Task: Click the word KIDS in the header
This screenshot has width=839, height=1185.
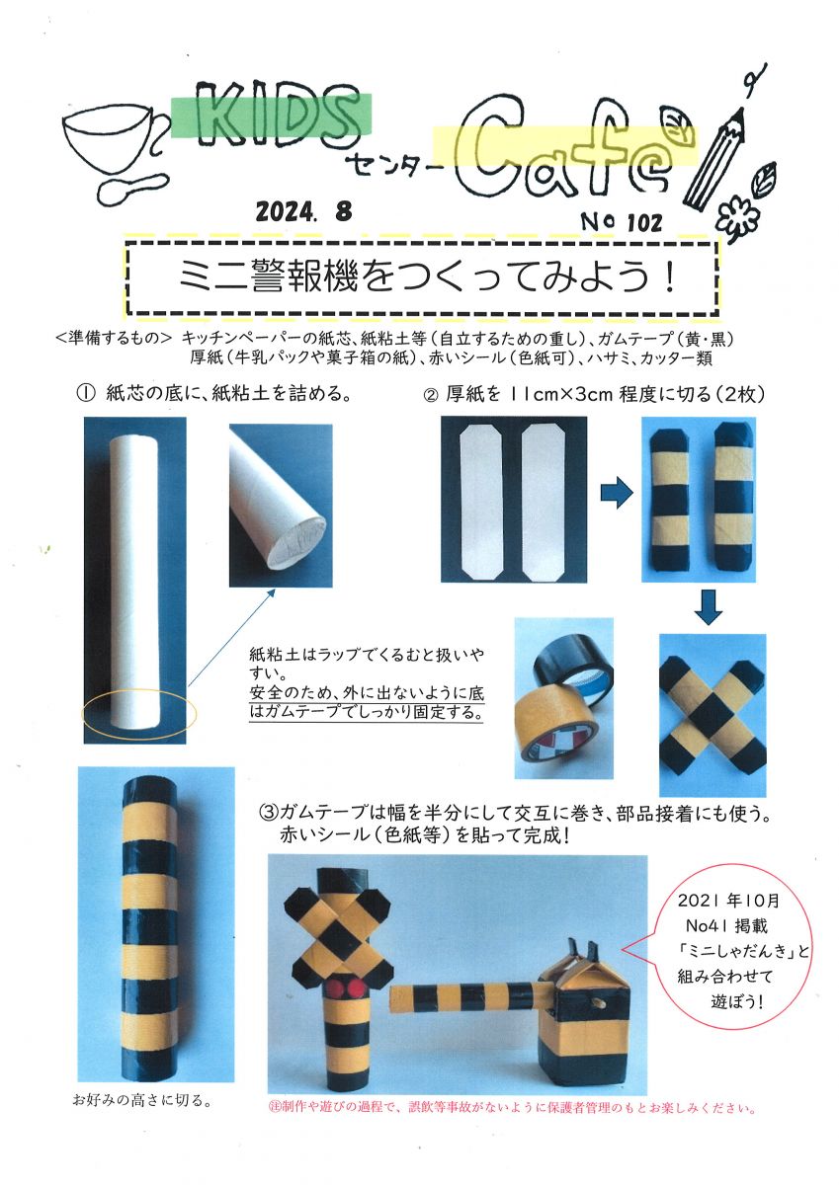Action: (x=273, y=116)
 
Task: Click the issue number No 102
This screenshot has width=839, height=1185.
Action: (x=622, y=221)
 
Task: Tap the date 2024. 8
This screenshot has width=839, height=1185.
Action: (x=303, y=211)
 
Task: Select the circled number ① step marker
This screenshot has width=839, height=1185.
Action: (x=86, y=394)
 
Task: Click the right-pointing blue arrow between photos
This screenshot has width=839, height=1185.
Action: (x=617, y=493)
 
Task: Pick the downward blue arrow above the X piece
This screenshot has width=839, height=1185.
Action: (x=708, y=608)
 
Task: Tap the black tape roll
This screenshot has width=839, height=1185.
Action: (x=573, y=670)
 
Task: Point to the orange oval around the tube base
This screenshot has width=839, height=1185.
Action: (x=138, y=714)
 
